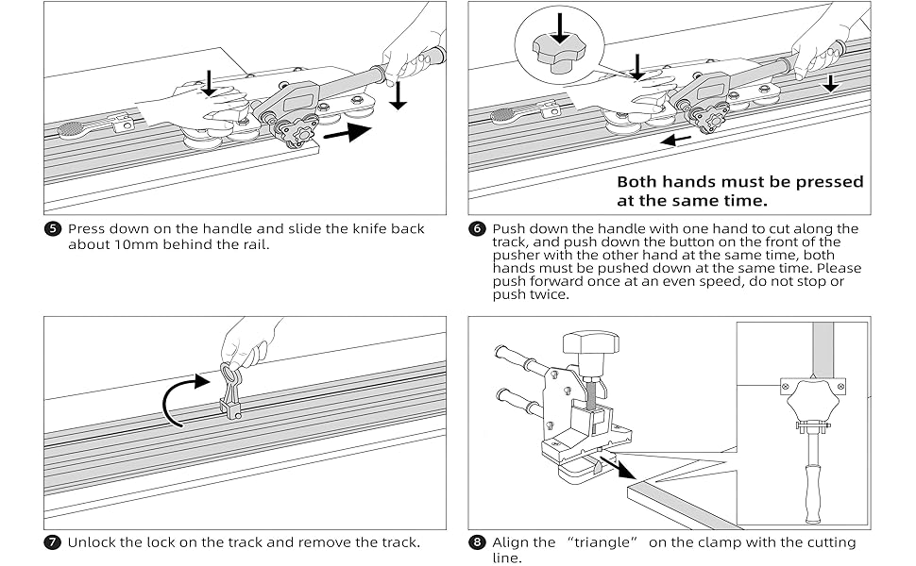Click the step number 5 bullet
(x=52, y=229)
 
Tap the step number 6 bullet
(x=477, y=229)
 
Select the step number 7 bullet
(x=52, y=542)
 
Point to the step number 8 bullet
(x=477, y=542)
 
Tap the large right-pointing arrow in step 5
(x=347, y=132)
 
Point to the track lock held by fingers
(x=230, y=389)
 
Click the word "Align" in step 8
(x=514, y=542)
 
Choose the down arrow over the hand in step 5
(x=210, y=81)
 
